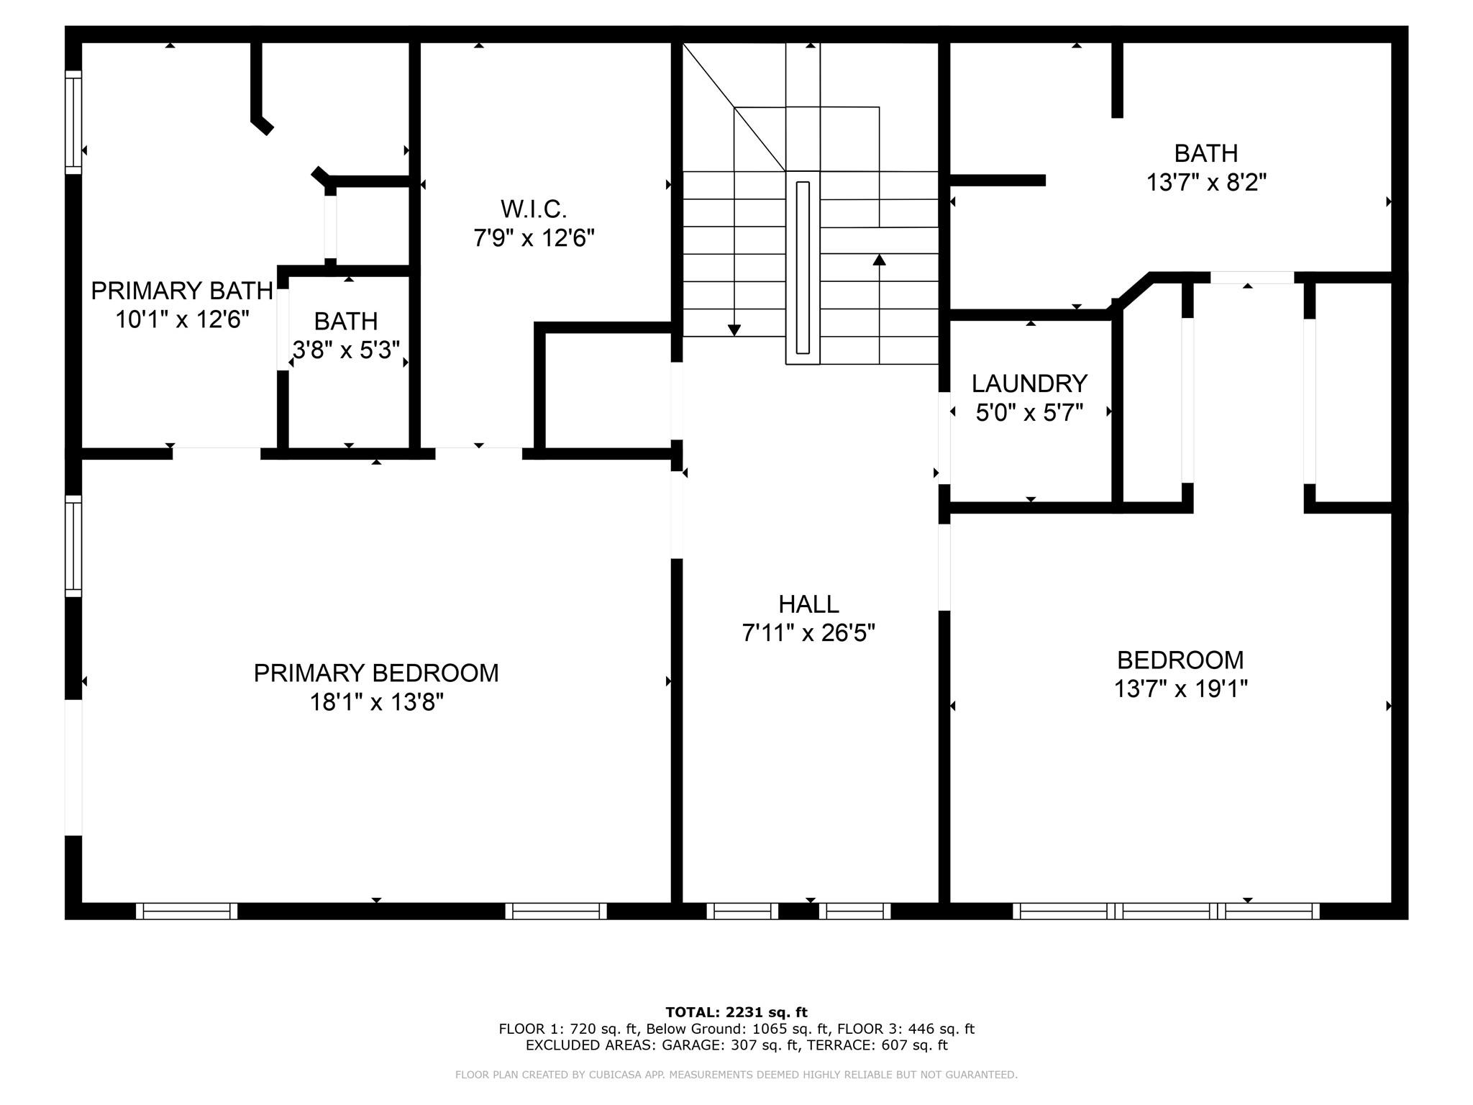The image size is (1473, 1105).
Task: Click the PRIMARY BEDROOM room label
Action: coord(376,673)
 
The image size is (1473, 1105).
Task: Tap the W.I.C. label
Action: coord(534,209)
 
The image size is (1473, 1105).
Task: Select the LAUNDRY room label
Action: coord(1029,383)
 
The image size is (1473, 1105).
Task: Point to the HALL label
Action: coord(808,604)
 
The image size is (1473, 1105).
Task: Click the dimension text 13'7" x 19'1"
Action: coord(1180,689)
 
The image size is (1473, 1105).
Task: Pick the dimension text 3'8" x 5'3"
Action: coord(346,350)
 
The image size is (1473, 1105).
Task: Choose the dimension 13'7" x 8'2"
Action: coord(1206,183)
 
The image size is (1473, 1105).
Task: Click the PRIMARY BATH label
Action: coord(182,291)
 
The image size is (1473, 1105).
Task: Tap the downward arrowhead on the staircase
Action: coord(734,330)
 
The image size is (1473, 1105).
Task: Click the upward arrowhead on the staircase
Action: coord(879,259)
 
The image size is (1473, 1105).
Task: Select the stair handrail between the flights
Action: coord(803,268)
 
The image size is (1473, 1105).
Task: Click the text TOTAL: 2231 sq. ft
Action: coord(736,1012)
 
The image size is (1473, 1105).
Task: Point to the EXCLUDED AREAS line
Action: coord(736,1045)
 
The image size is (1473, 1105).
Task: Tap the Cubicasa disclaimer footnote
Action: coord(736,1075)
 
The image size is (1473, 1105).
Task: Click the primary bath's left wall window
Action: coord(73,122)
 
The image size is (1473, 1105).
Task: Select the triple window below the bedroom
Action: coord(1166,911)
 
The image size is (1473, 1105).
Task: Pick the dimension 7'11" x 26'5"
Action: coord(808,633)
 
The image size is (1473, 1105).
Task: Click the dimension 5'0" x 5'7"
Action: coord(1029,413)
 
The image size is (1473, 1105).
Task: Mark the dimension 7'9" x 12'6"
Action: coord(534,237)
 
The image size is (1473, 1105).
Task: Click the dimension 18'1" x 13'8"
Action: coord(376,702)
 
